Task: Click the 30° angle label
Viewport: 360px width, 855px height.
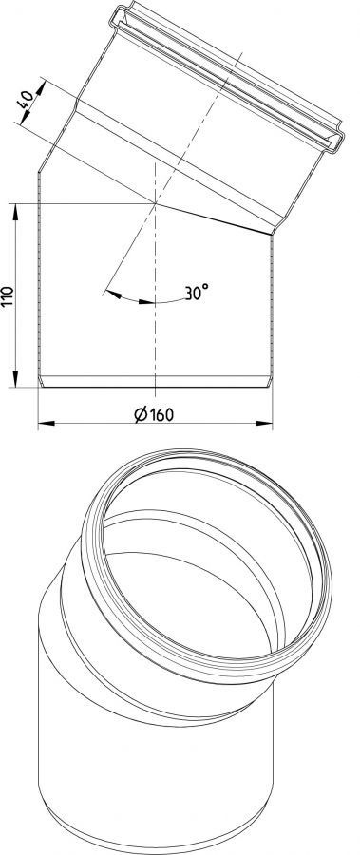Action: [197, 293]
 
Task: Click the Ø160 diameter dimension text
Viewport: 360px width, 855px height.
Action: [154, 414]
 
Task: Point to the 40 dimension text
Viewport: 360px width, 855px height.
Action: [27, 99]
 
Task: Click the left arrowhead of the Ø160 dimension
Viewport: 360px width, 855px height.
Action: [47, 423]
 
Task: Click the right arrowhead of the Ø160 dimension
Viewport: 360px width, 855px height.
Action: [264, 423]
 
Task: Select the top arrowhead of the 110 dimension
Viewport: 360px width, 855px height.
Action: [15, 212]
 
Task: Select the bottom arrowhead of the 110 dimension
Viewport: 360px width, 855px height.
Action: [15, 379]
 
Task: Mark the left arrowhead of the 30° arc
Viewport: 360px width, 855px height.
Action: [113, 294]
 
